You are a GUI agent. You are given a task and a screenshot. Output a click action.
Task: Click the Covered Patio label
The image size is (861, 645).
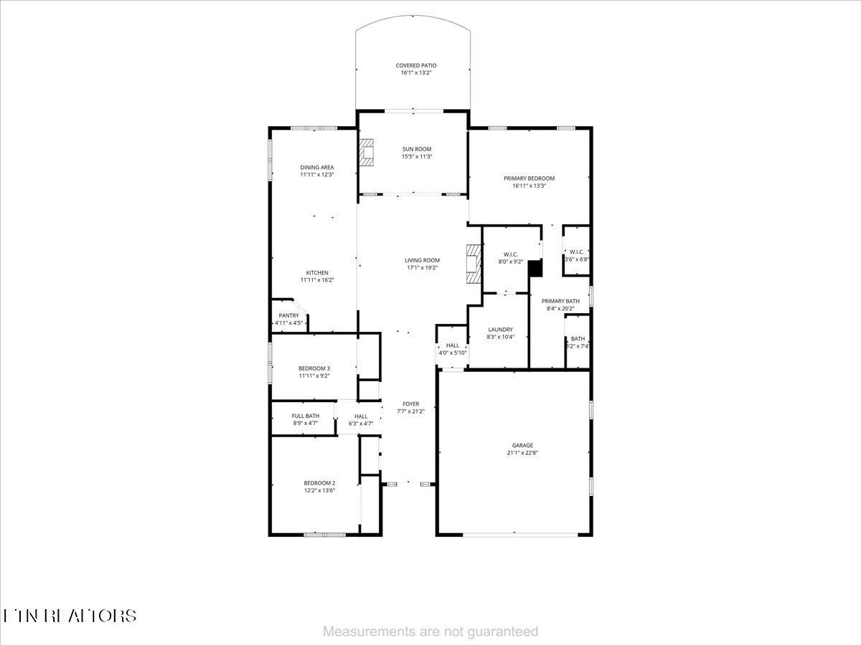[x=416, y=65]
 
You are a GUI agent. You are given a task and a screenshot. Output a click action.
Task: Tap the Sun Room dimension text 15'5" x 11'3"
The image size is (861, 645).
[x=416, y=156]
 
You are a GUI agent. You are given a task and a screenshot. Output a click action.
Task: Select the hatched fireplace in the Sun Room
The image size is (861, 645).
[x=368, y=152]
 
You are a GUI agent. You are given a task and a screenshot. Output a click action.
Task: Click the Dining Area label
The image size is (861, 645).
[x=317, y=167]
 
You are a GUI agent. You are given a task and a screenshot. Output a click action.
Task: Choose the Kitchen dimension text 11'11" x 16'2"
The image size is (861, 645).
[x=317, y=280]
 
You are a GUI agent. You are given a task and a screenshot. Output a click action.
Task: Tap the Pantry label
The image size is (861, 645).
[x=289, y=315]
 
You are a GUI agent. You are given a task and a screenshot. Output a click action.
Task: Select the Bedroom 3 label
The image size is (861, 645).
[x=314, y=368]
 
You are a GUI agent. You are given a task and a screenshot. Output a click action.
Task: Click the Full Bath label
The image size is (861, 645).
[x=306, y=416]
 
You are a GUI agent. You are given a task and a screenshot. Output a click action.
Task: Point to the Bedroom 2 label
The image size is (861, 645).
[x=319, y=483]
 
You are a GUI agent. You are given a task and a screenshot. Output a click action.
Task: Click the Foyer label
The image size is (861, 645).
[x=410, y=404]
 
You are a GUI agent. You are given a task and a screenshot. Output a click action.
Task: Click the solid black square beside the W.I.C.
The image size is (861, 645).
[x=535, y=268]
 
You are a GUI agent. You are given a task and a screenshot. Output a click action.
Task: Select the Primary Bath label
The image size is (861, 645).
[x=560, y=301]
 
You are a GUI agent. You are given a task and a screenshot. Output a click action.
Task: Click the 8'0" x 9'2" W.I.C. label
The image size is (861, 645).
[x=511, y=254]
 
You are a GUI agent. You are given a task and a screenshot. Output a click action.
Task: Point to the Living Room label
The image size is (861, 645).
[x=422, y=260]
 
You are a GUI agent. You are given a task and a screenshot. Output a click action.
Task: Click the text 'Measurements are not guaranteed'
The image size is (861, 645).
[x=430, y=631]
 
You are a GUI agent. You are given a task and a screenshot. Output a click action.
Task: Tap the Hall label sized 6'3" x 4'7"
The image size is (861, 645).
[x=360, y=416]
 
